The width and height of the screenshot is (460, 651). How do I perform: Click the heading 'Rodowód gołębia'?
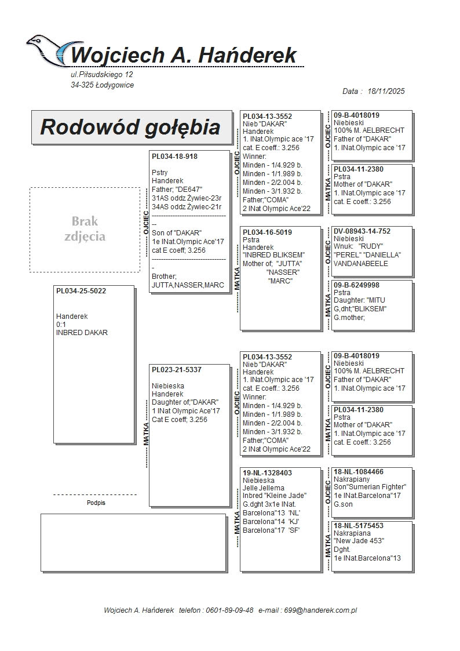pos(130,127)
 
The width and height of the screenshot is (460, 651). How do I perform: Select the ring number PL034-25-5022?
pos(81,291)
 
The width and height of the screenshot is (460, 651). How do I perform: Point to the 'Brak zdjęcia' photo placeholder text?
pos(85,228)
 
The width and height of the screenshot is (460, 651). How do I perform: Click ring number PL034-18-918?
pos(174,157)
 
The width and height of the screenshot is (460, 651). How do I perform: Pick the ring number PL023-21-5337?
pos(177,369)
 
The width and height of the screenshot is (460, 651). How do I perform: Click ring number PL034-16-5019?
pos(267,232)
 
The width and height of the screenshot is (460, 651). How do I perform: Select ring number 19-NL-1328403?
pos(267,473)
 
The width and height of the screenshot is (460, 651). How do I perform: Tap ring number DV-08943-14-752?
pos(362,231)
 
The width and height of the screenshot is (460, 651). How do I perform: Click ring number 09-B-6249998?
pos(357,285)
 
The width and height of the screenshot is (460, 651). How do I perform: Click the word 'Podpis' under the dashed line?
pos(96,503)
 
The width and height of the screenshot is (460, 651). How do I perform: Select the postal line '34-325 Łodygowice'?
pos(103,85)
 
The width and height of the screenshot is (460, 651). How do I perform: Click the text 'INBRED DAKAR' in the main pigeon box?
pos(82,333)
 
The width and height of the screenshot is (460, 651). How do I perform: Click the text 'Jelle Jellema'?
pos(264,488)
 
